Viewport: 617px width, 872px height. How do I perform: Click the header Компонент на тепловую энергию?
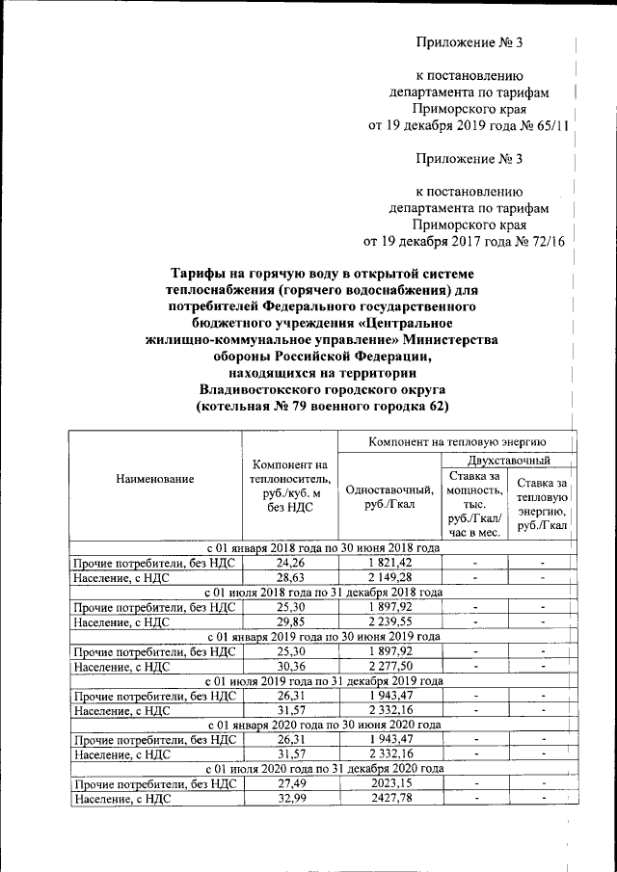tap(457, 440)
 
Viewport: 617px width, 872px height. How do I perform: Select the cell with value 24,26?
tap(290, 562)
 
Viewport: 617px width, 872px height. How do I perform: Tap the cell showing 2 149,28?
tap(389, 577)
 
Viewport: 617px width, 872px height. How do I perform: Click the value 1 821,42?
tap(389, 562)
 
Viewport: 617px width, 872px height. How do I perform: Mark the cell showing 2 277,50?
tap(389, 666)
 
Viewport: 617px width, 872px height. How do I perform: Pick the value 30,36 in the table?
tap(290, 666)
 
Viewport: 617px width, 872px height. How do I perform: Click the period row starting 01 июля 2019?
tap(324, 680)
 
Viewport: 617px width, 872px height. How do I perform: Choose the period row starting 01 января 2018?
tap(324, 547)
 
